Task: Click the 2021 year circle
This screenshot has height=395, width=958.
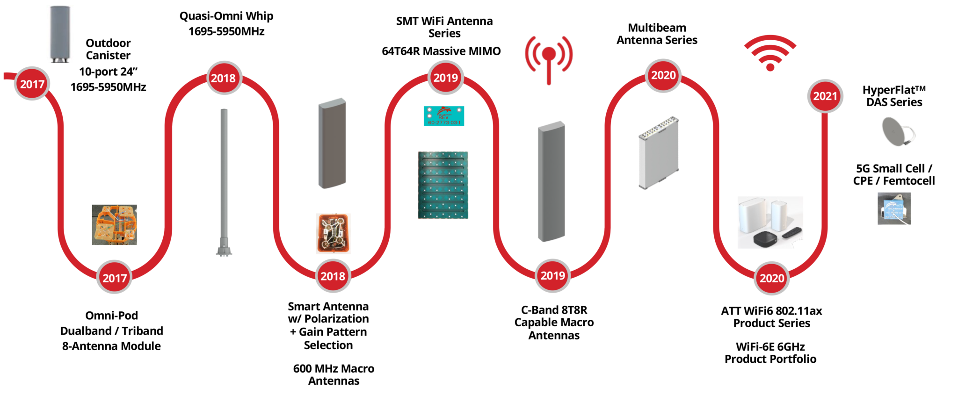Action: tap(825, 96)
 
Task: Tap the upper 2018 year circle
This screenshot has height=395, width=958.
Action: tap(224, 78)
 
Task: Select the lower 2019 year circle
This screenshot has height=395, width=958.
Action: tap(552, 276)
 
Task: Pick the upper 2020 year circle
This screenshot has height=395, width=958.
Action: tap(663, 75)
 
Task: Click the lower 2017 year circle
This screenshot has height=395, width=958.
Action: tap(115, 278)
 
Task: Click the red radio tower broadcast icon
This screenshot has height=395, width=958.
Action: tap(549, 58)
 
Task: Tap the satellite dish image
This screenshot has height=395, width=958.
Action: tap(897, 132)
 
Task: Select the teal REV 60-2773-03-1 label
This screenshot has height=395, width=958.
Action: tap(444, 116)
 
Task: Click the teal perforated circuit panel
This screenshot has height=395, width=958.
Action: tap(443, 185)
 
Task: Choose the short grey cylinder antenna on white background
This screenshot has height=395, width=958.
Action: tap(60, 34)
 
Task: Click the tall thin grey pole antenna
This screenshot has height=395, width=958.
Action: tap(224, 178)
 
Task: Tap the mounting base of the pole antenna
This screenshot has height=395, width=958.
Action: tap(224, 250)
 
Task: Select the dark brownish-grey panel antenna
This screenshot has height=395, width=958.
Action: tap(332, 143)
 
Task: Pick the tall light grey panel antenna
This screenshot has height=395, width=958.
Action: tap(552, 181)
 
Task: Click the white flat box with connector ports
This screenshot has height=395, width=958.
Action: tap(659, 153)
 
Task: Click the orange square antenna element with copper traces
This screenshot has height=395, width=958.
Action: tap(334, 234)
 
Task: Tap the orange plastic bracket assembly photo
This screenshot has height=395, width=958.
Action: tap(115, 225)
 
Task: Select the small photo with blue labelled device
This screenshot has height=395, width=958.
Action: tap(894, 208)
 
